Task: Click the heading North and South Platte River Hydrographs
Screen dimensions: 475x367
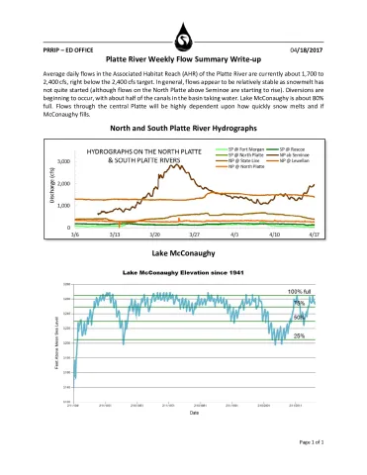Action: (183, 130)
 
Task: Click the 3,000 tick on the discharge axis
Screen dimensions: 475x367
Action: (63, 161)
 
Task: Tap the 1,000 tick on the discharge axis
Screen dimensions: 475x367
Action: (63, 205)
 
